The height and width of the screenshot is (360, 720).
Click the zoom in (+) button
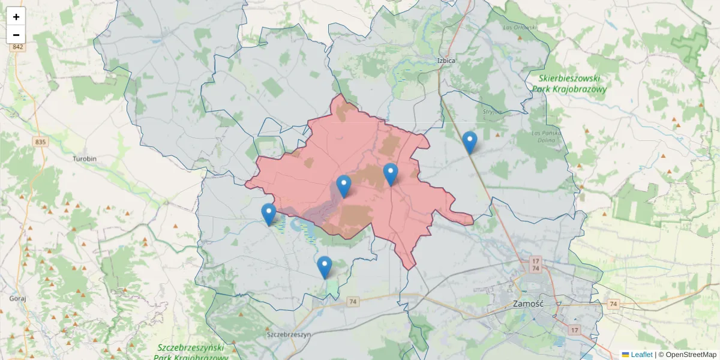pos(16,17)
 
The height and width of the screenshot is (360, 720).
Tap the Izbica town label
pos(446,61)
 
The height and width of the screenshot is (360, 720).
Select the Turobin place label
pos(85,159)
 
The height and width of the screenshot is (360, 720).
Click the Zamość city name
pos(528,304)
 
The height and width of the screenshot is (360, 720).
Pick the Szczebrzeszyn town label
pos(289,335)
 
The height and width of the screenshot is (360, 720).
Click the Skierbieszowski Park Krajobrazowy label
pos(569,83)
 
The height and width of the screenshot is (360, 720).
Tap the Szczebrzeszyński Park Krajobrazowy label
pos(191,353)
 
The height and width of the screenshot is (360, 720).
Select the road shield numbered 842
pos(17,47)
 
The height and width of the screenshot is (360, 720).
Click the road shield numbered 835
pos(40,142)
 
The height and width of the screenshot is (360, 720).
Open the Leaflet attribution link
pos(641,355)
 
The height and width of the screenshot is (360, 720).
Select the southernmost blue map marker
pos(324,267)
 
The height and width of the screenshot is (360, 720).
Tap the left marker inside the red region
pos(343,186)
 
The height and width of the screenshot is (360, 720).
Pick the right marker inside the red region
pos(391,174)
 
